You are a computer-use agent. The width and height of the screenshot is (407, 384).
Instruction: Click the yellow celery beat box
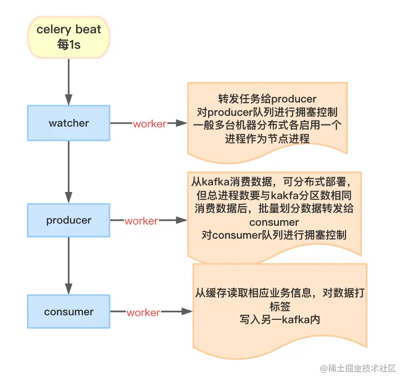(69, 37)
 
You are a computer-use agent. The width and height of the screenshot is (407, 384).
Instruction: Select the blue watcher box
(69, 123)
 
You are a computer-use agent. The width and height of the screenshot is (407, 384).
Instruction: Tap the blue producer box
(69, 220)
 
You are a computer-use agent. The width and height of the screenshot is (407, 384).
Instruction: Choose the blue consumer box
(69, 311)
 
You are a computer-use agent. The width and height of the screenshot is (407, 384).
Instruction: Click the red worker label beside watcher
(149, 124)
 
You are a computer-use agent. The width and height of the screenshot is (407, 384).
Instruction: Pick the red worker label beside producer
(141, 221)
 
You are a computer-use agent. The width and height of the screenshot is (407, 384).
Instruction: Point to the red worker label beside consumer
(143, 312)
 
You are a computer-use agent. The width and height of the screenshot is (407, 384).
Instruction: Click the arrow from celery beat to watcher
(69, 81)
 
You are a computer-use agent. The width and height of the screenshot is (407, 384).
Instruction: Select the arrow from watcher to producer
(69, 172)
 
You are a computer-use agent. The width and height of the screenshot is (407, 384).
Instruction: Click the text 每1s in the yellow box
(69, 45)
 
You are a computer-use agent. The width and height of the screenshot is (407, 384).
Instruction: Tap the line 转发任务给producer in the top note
(267, 97)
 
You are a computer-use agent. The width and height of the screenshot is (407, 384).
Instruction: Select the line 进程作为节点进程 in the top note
(267, 138)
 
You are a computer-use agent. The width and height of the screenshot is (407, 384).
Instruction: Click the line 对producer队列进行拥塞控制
(267, 111)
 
